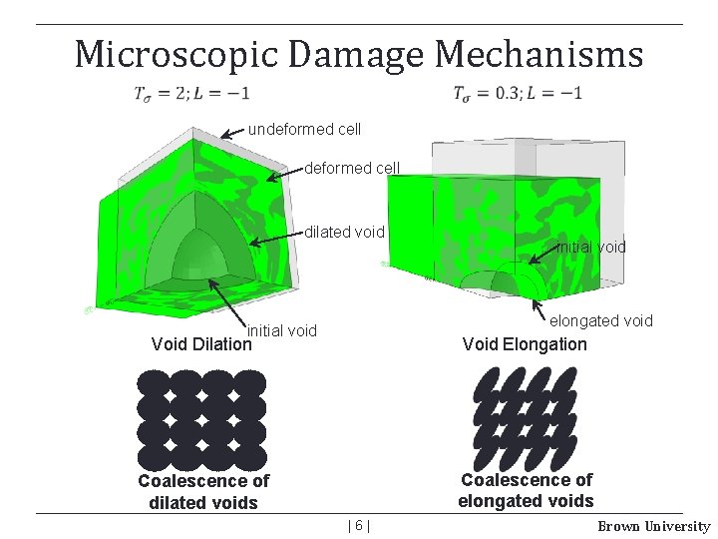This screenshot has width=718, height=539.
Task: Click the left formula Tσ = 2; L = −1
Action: pos(192,94)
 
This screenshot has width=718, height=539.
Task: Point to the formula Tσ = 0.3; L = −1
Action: pos(518,94)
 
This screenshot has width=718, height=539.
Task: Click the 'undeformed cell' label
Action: pos(304,130)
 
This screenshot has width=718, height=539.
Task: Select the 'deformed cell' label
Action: pos(351,168)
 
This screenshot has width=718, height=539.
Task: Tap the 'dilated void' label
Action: pos(344,233)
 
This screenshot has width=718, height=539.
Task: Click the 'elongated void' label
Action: pos(601,320)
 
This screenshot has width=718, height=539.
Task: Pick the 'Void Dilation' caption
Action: pos(201,344)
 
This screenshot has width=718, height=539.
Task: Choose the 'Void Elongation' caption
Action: pos(525,344)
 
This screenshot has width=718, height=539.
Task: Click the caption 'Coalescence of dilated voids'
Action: pos(203,491)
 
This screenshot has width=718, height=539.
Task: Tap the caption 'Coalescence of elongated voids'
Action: pos(526,490)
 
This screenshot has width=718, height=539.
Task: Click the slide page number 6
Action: pos(359,525)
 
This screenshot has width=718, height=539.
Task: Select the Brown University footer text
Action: pos(653,526)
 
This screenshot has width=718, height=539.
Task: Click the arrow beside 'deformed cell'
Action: pos(287,173)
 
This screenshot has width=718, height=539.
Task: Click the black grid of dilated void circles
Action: pos(201,419)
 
